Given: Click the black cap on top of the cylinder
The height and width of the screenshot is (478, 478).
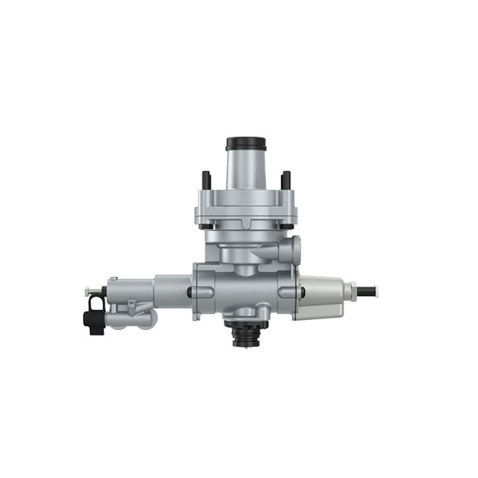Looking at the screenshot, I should tap(246, 143).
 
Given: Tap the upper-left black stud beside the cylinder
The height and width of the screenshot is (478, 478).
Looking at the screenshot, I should tap(206, 179).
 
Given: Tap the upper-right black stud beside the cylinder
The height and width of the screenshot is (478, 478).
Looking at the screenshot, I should tap(285, 179).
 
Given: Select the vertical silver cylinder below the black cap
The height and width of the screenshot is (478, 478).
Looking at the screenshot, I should tap(246, 169).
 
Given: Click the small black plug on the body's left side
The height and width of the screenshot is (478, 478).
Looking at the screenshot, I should tap(191, 291).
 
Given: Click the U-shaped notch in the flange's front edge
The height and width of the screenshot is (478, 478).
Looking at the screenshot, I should tap(246, 220).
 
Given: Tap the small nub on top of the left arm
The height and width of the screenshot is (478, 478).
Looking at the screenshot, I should tap(114, 278).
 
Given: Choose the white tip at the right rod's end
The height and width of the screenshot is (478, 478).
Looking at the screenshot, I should tap(376, 289).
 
